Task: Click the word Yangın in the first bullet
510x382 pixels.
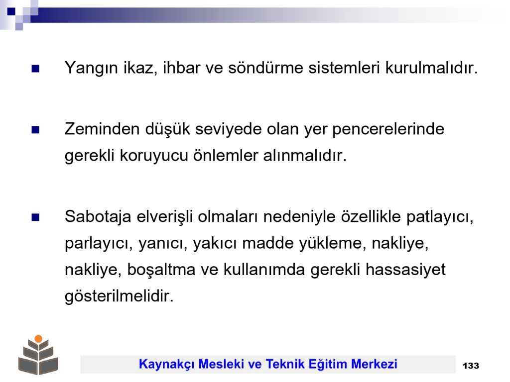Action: click(x=91, y=69)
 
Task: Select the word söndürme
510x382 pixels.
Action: click(x=265, y=68)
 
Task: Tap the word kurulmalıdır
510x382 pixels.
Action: click(x=431, y=68)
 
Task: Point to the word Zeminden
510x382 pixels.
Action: click(x=102, y=129)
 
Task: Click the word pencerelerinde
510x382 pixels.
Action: click(x=388, y=130)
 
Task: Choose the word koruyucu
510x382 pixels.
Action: click(x=154, y=156)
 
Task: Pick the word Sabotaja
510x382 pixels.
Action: click(x=98, y=217)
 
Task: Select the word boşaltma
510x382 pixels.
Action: click(x=161, y=270)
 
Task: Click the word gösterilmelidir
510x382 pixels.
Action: click(x=119, y=296)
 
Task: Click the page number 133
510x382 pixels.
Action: click(x=471, y=366)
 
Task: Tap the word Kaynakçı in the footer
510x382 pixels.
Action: click(x=166, y=365)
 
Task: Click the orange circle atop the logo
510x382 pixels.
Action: click(x=38, y=339)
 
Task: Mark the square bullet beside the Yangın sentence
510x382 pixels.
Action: click(x=35, y=69)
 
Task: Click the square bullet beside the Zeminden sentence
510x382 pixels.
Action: click(x=35, y=130)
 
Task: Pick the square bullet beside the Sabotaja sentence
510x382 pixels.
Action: click(x=35, y=217)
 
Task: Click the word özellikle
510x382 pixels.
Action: click(x=371, y=217)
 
